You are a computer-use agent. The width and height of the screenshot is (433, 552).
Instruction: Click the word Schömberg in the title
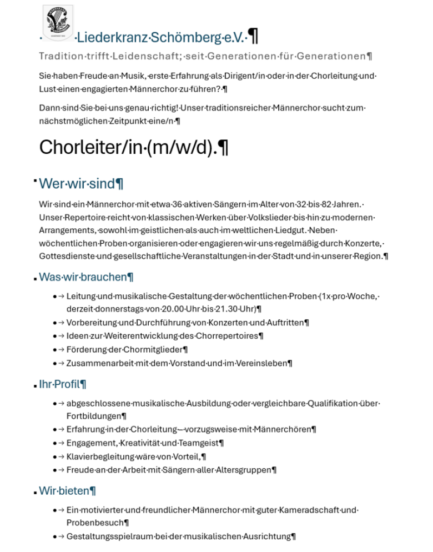185,38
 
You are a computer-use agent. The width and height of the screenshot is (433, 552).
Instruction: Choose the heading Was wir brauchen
85,277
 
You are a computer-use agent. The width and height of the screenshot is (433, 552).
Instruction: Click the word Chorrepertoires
231,336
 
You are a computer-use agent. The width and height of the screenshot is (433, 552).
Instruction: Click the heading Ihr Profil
62,384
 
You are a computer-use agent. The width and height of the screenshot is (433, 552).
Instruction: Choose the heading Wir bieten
67,491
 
